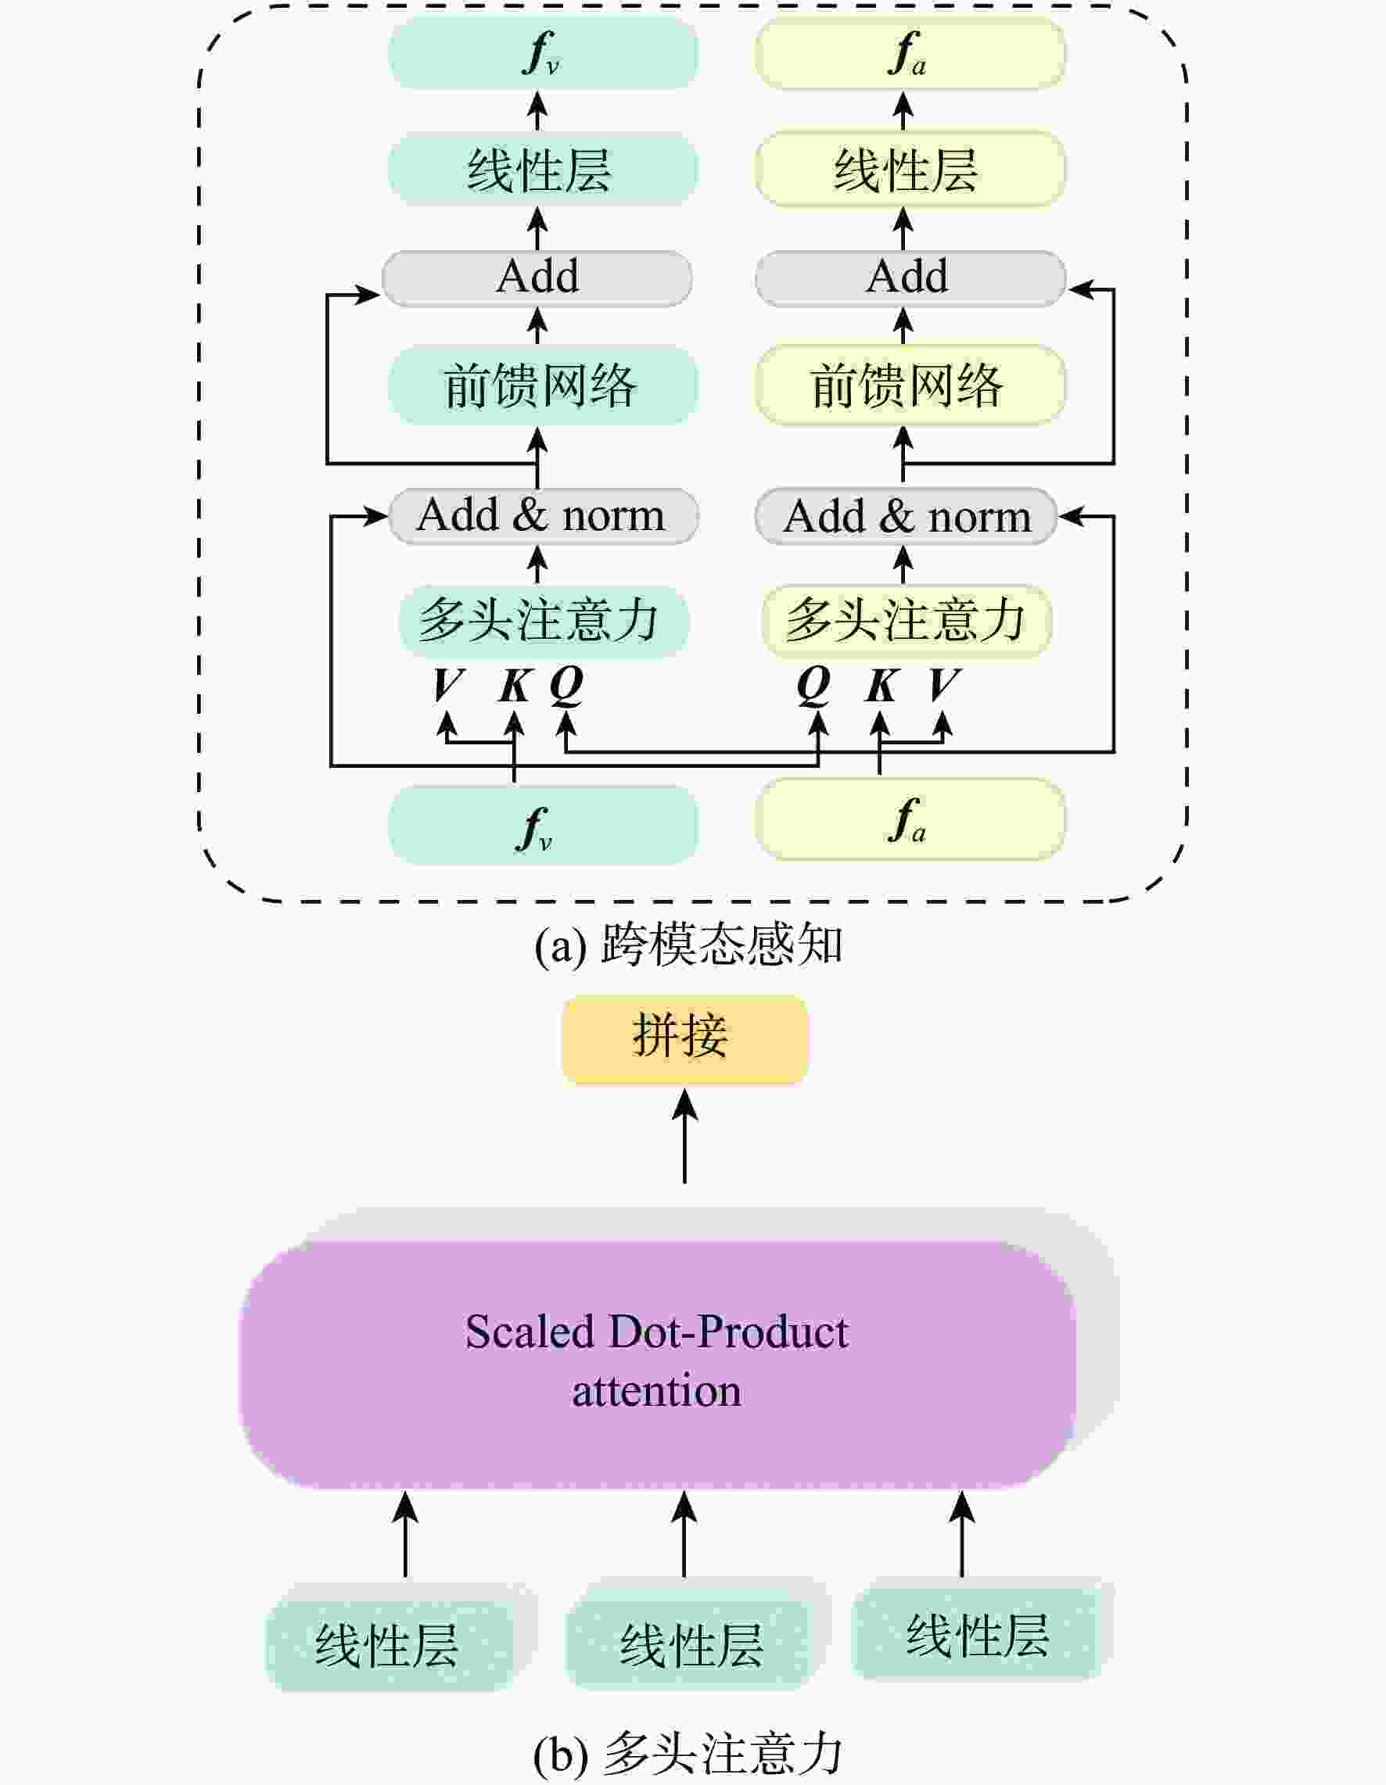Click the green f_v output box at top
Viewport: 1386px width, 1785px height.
coord(542,54)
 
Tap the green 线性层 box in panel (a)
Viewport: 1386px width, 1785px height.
coord(542,170)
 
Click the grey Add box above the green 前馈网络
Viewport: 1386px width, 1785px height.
coord(537,277)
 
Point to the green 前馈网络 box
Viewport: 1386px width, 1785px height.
coord(542,385)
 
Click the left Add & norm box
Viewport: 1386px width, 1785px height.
coord(542,516)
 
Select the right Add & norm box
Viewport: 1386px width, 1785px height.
coord(906,516)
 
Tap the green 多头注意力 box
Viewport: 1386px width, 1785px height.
coord(542,620)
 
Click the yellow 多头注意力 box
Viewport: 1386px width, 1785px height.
coord(906,620)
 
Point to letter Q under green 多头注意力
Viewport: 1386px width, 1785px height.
coord(566,684)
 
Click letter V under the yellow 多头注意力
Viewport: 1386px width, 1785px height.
coord(943,684)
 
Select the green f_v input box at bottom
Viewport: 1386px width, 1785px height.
coord(542,824)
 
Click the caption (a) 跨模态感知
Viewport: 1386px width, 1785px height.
coord(688,944)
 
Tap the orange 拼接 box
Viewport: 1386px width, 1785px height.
coord(684,1039)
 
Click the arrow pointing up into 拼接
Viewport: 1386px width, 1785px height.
coord(684,1136)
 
